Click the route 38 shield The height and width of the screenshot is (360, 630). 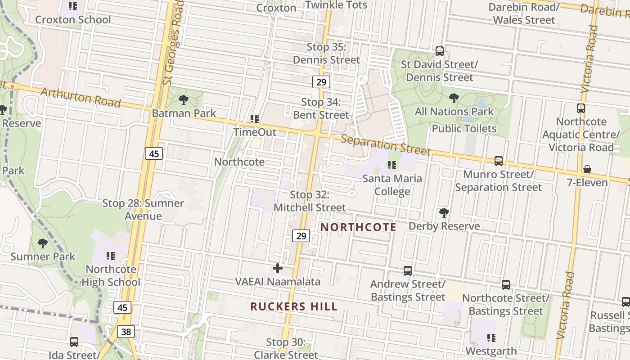coord(126,332)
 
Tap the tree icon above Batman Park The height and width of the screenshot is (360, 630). coord(183,100)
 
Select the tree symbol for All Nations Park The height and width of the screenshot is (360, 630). coord(454,98)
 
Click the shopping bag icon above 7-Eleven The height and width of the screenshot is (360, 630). coord(587,169)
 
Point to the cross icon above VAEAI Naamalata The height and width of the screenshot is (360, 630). coord(278,268)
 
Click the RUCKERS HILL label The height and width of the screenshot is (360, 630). coord(294,307)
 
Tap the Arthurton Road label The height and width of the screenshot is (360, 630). coord(81,98)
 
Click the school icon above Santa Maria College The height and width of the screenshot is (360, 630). coord(392,165)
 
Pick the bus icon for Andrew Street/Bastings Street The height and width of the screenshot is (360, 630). coord(408,270)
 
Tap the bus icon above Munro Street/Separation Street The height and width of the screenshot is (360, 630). coord(499,161)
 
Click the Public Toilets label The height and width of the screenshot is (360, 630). coord(464,129)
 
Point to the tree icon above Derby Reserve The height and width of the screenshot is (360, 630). coord(444,212)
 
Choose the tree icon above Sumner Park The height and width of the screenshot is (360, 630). coord(43,243)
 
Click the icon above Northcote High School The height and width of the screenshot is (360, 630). coord(110,256)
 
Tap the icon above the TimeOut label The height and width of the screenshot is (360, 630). coord(255,119)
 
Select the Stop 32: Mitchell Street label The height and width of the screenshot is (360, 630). coord(310,201)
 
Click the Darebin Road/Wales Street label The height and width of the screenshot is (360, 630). coord(524,13)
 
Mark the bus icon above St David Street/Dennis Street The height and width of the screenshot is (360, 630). coord(440,51)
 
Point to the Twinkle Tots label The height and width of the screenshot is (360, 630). coord(336,5)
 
